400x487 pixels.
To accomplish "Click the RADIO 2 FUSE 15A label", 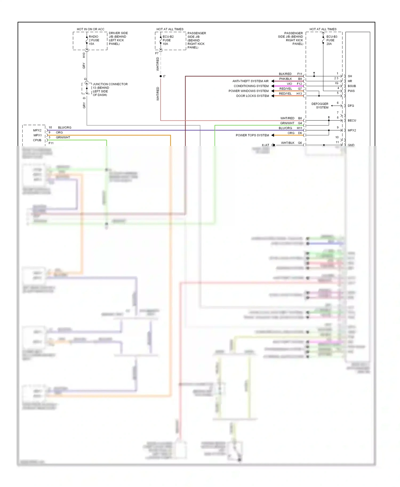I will click(94, 40).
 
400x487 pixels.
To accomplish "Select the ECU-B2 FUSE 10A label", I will click(168, 40).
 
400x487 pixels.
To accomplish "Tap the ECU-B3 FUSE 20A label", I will click(331, 40).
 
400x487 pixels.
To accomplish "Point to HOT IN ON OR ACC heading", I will click(90, 29).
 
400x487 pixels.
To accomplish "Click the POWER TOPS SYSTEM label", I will click(252, 135).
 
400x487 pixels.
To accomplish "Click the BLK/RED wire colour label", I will click(285, 74).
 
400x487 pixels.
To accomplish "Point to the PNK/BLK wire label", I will click(285, 79).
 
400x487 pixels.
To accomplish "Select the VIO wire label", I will click(289, 84).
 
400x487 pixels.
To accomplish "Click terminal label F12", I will click(299, 84).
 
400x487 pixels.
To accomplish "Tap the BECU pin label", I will click(351, 120).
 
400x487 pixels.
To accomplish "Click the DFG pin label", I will click(351, 106).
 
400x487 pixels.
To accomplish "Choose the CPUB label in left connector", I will click(37, 140).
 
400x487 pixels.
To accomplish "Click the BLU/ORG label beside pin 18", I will click(65, 128).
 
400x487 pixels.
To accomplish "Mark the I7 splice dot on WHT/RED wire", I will click(161, 76).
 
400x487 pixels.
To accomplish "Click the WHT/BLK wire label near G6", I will click(287, 143).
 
